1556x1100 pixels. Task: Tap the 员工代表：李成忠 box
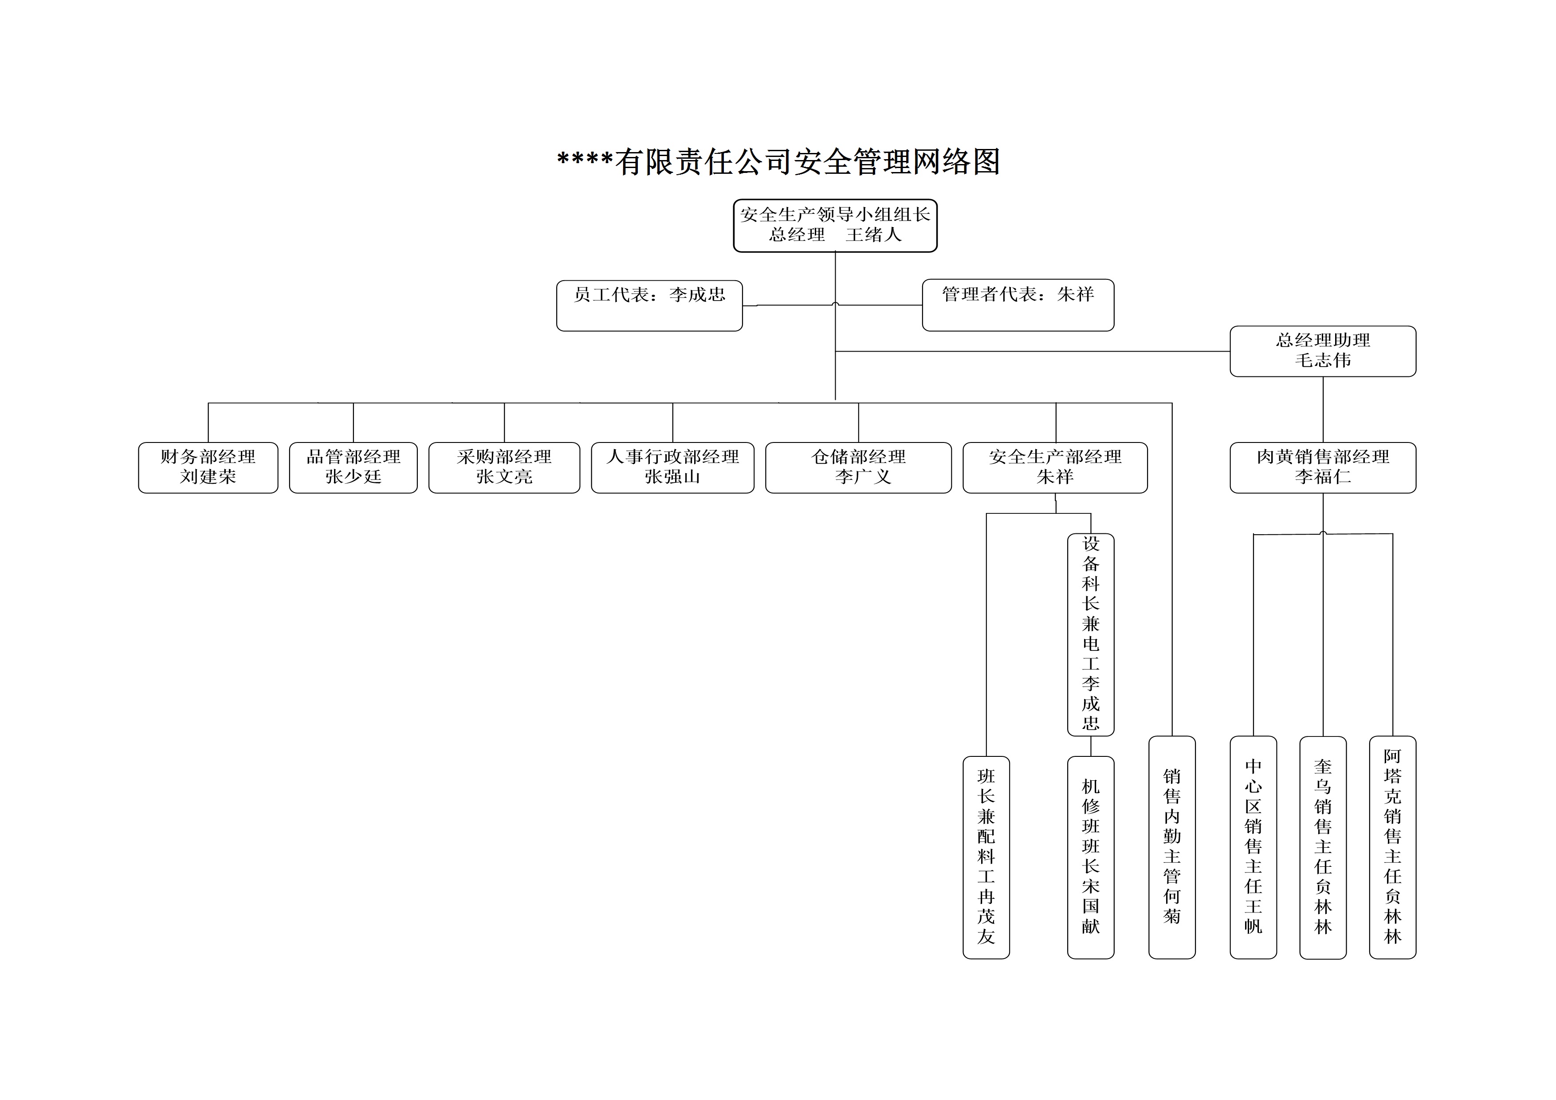pos(649,305)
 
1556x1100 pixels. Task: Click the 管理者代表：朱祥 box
pos(1018,305)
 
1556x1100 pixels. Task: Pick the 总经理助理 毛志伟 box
pos(1323,351)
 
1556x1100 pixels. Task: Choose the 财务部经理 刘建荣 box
pos(208,467)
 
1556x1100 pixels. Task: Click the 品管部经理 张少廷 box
pos(353,467)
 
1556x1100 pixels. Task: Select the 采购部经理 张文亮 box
pos(504,467)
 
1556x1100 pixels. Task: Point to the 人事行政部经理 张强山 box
pos(672,467)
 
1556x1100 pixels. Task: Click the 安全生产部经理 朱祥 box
pos(1055,467)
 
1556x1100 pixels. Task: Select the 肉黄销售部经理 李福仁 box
pos(1323,467)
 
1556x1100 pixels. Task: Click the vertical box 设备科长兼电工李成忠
pos(1090,634)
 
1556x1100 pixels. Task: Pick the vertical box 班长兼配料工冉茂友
pos(986,857)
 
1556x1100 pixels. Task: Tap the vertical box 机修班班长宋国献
pos(1090,857)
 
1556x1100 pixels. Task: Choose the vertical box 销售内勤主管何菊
pos(1172,847)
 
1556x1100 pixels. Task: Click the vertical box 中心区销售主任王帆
pos(1253,847)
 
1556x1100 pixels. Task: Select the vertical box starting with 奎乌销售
pos(1323,847)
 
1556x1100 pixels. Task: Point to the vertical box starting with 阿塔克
pos(1393,847)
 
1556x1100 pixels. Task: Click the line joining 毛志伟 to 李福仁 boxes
pos(1323,409)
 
